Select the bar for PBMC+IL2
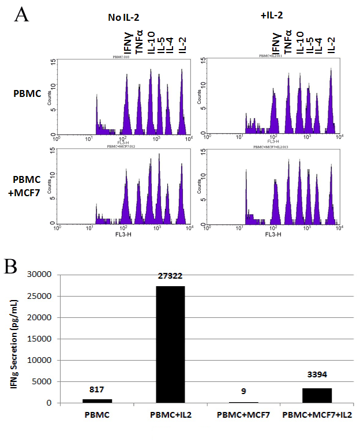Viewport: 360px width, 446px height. click(x=170, y=344)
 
